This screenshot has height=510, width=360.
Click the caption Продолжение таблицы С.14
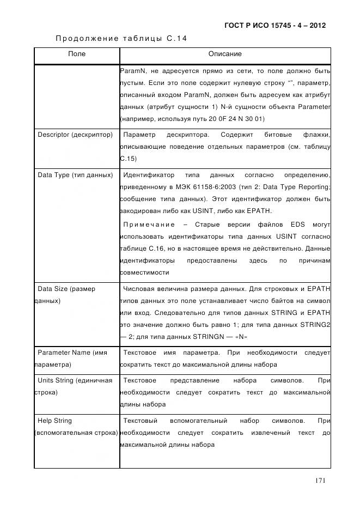tap(121, 38)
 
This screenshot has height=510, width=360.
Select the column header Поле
tap(77, 54)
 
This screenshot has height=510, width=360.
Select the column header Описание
tap(225, 54)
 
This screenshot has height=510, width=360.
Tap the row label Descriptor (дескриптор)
tap(75, 135)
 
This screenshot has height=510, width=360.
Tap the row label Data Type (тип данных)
tap(75, 175)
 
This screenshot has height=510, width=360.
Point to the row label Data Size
tap(66, 289)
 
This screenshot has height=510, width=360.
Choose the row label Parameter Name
tap(72, 353)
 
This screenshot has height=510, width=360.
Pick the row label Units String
tap(75, 380)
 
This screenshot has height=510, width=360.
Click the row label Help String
tap(54, 421)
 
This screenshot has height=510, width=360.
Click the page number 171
tap(320, 480)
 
